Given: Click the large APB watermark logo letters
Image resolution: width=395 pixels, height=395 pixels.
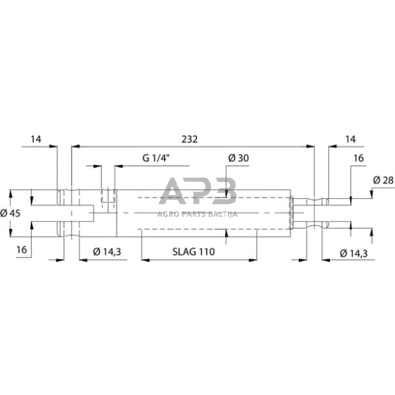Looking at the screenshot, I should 198,193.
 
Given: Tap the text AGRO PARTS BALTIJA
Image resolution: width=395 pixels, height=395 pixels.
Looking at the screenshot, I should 198,214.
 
